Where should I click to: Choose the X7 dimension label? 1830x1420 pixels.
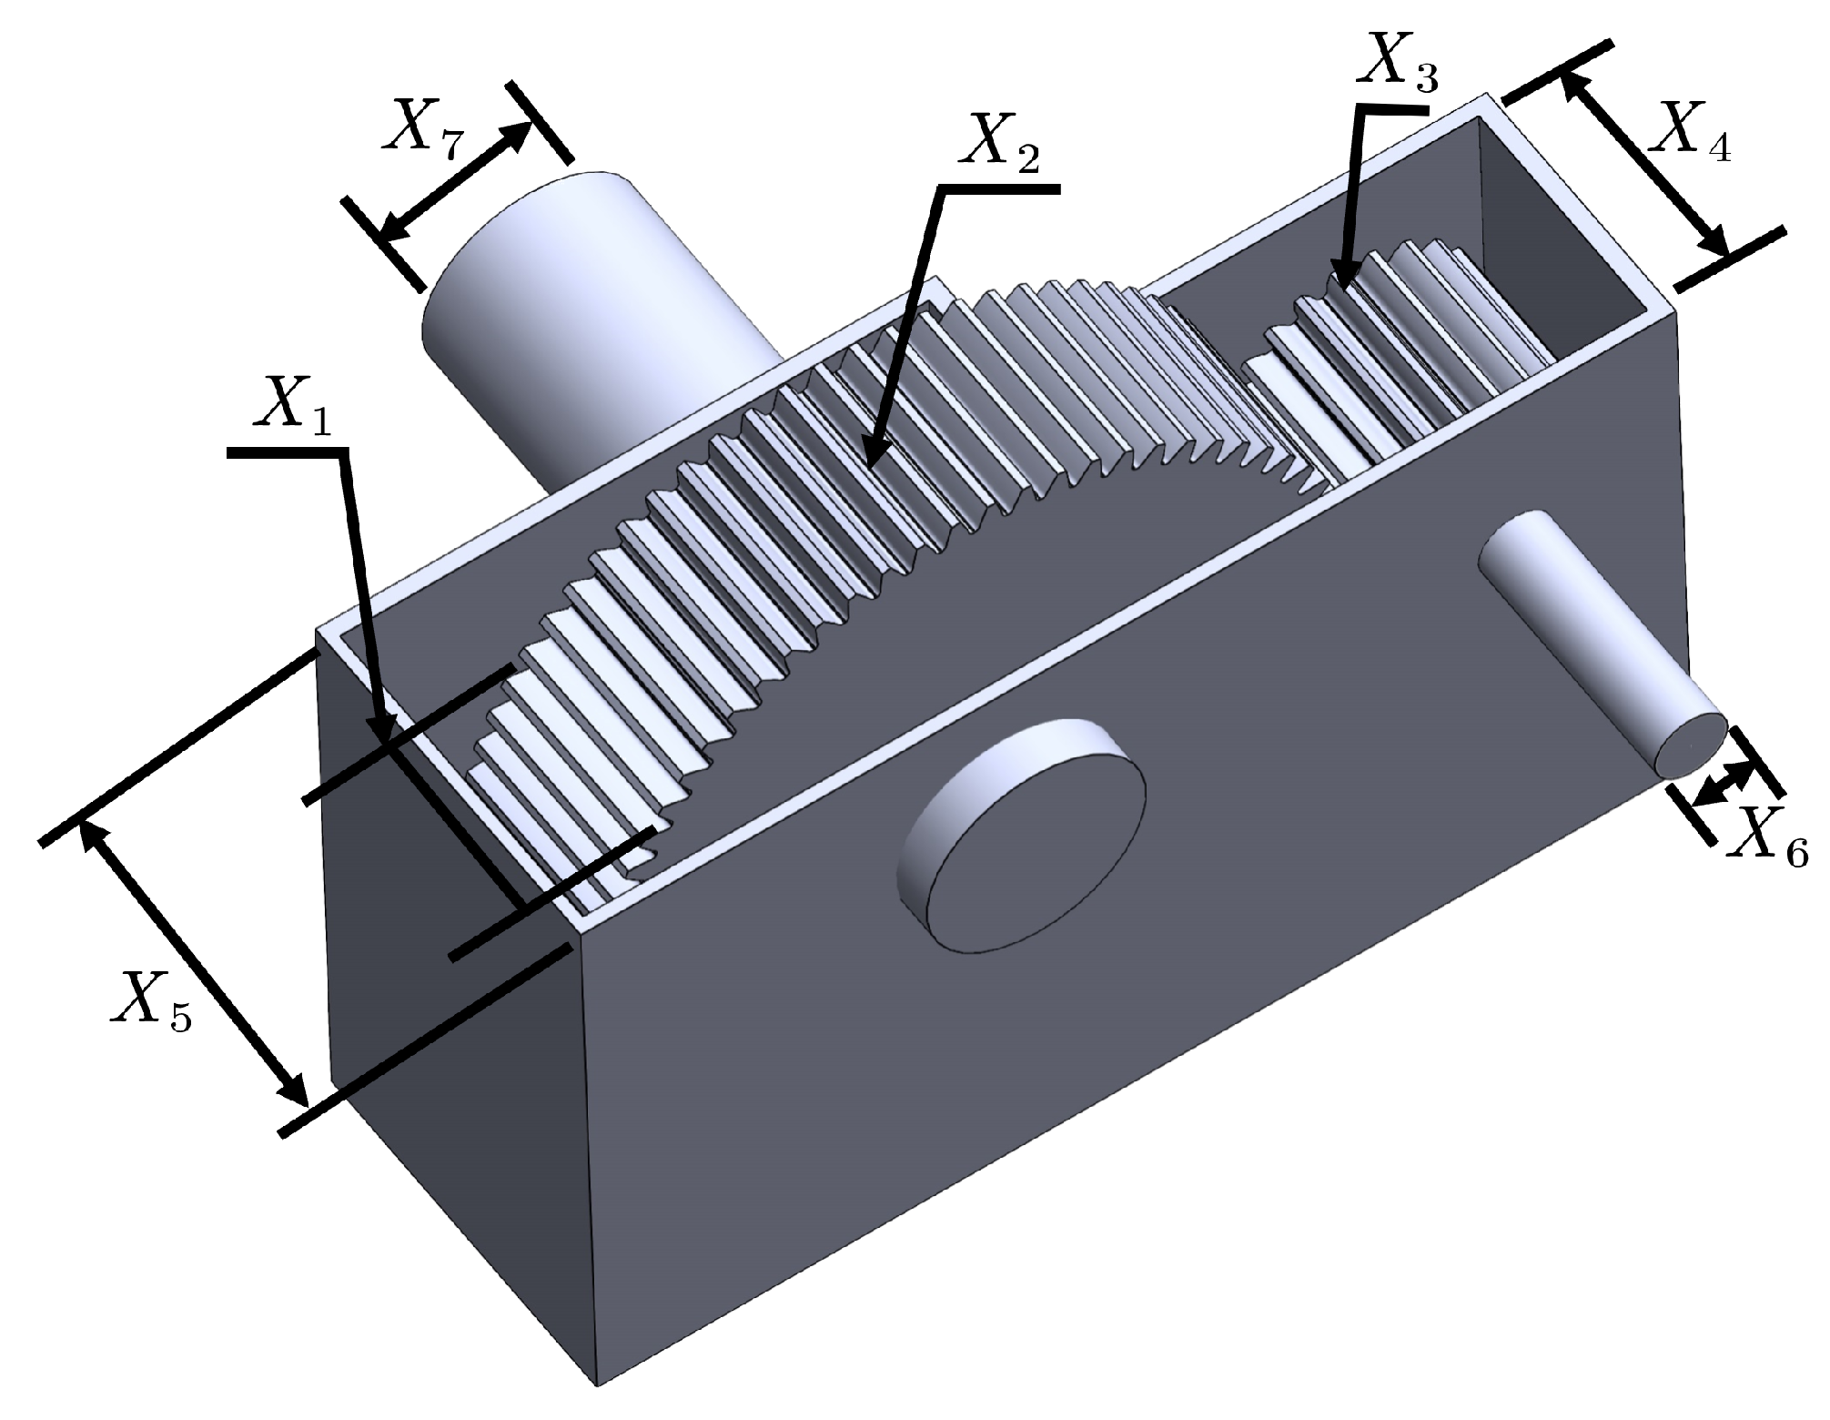[424, 128]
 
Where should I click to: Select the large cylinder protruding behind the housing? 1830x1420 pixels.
[582, 300]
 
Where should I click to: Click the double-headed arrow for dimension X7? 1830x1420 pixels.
[455, 182]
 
